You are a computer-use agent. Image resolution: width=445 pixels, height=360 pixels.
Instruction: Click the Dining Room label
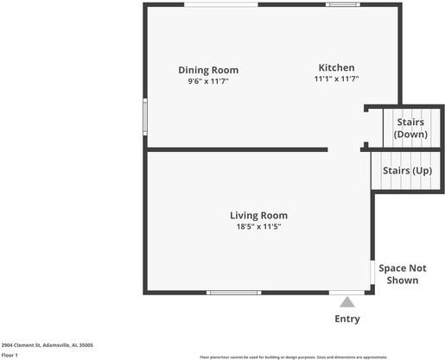point(208,70)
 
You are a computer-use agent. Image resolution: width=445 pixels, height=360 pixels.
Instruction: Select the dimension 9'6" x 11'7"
point(208,81)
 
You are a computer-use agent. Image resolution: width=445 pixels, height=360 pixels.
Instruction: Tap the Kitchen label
point(336,67)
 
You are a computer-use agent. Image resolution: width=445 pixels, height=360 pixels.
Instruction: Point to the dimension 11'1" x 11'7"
point(336,79)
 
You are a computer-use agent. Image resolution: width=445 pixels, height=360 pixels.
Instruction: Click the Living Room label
point(258,215)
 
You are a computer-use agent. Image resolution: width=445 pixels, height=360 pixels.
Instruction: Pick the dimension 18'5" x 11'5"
point(258,226)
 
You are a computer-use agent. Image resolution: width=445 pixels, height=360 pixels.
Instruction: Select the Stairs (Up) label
point(407,170)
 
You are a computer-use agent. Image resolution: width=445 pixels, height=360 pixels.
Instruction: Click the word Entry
point(346,319)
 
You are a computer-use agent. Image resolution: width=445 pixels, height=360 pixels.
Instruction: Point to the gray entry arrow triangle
point(346,302)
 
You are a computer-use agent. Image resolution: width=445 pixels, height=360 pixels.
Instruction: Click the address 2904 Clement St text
point(48,344)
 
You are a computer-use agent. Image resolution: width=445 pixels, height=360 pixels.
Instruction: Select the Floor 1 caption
point(10,354)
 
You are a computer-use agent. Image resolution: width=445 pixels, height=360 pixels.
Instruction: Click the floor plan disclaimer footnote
point(294,356)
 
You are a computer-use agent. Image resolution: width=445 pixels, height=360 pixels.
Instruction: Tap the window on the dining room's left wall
point(145,117)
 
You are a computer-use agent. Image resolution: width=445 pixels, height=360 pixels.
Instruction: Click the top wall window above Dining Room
point(221,5)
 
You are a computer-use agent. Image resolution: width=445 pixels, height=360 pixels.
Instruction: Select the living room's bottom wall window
point(234,293)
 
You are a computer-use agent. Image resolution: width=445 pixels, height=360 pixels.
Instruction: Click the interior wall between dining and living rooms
point(237,149)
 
